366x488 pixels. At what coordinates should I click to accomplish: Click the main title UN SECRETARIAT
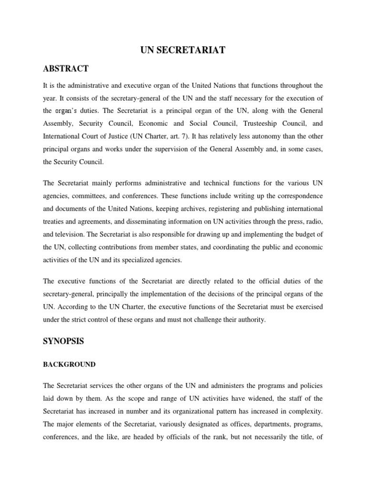[x=183, y=51]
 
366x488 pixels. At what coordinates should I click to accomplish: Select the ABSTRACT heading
[x=66, y=69]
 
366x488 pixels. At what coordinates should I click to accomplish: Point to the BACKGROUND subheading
[x=69, y=365]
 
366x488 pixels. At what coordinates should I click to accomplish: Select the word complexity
[x=306, y=410]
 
